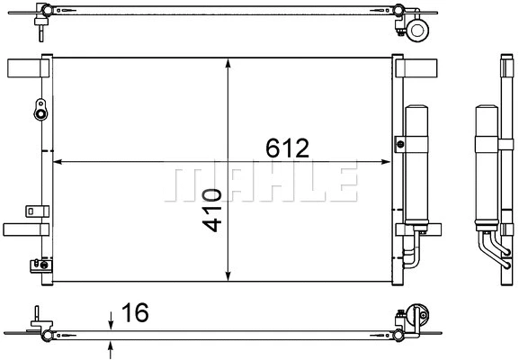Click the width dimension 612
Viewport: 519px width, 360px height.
[286, 145]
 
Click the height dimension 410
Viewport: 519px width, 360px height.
[212, 209]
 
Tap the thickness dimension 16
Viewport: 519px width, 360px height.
[135, 313]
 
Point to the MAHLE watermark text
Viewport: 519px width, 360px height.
[260, 183]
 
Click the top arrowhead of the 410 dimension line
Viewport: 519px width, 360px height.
[228, 66]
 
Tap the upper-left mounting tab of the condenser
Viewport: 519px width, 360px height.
[24, 68]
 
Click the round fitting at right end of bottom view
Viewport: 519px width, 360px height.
[416, 317]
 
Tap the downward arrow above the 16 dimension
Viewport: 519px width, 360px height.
[111, 322]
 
